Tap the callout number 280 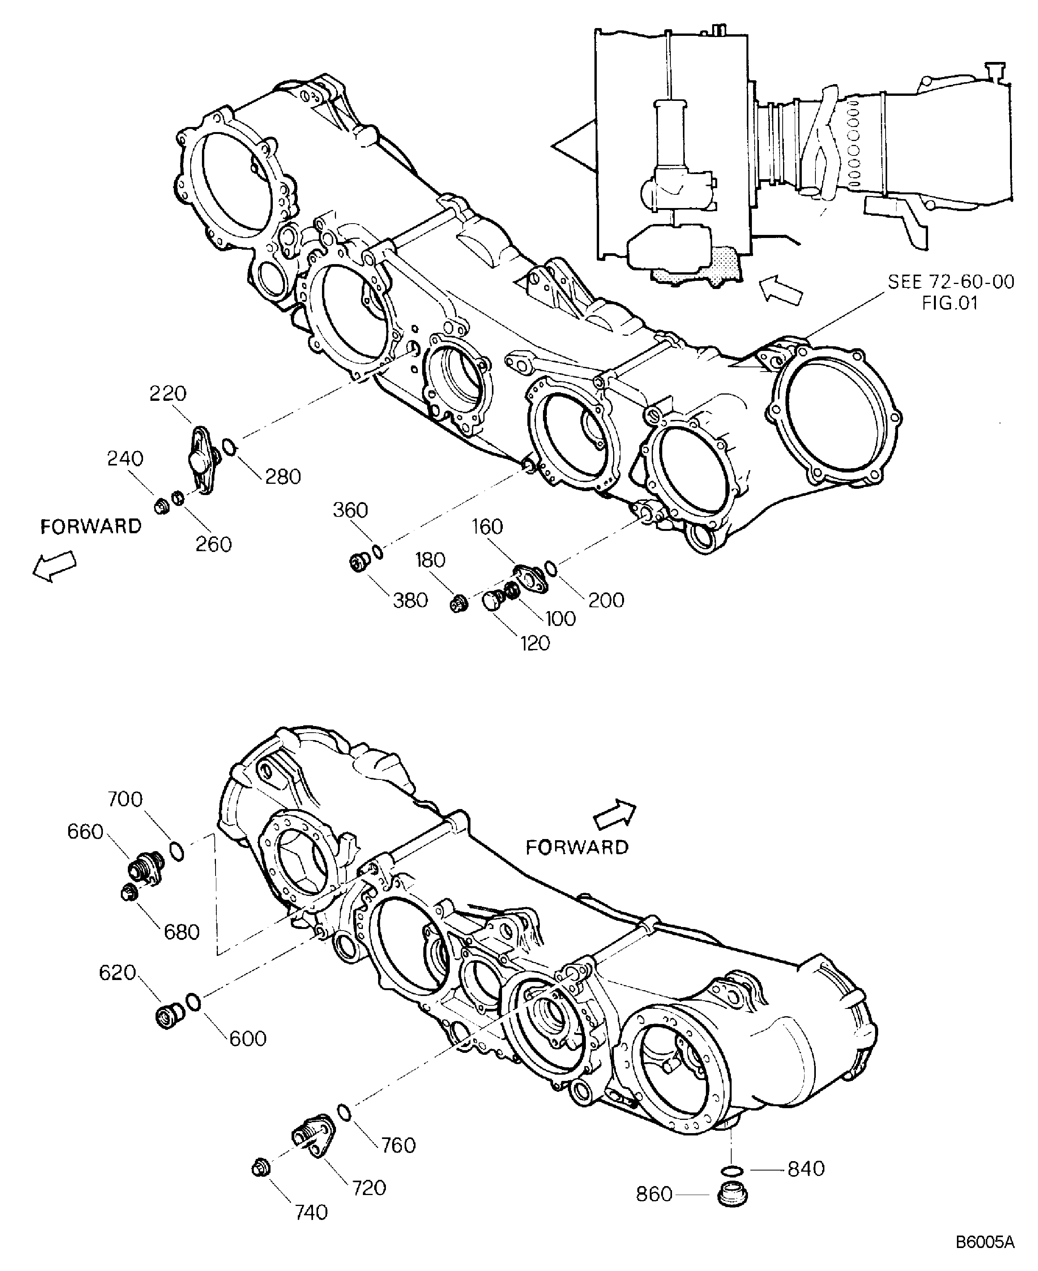click(283, 476)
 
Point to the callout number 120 click(534, 643)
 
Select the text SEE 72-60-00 click(951, 282)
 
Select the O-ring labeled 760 click(344, 1111)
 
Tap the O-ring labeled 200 click(551, 569)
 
